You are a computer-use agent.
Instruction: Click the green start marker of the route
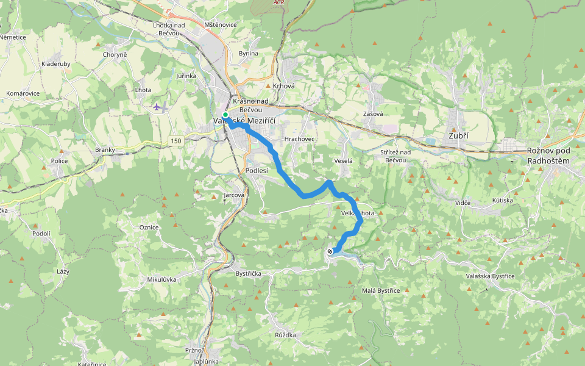click(x=225, y=115)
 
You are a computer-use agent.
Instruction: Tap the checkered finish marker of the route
click(x=330, y=251)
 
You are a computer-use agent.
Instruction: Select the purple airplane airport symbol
click(x=157, y=107)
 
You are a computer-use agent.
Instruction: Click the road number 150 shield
click(x=176, y=141)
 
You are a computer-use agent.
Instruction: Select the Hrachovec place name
click(x=298, y=139)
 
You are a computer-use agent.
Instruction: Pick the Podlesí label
click(x=257, y=171)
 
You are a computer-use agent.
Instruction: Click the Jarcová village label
click(x=234, y=195)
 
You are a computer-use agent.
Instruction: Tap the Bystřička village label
click(x=248, y=274)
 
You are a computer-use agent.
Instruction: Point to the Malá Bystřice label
click(x=381, y=290)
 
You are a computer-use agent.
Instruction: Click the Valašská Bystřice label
click(x=490, y=276)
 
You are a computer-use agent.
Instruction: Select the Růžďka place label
click(x=285, y=335)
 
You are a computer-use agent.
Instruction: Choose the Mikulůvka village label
click(x=161, y=279)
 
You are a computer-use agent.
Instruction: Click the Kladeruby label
click(x=56, y=63)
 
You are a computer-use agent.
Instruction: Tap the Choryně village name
click(x=115, y=55)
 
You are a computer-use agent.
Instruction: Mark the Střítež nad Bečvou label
click(x=395, y=156)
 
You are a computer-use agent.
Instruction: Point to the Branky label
click(x=105, y=149)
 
